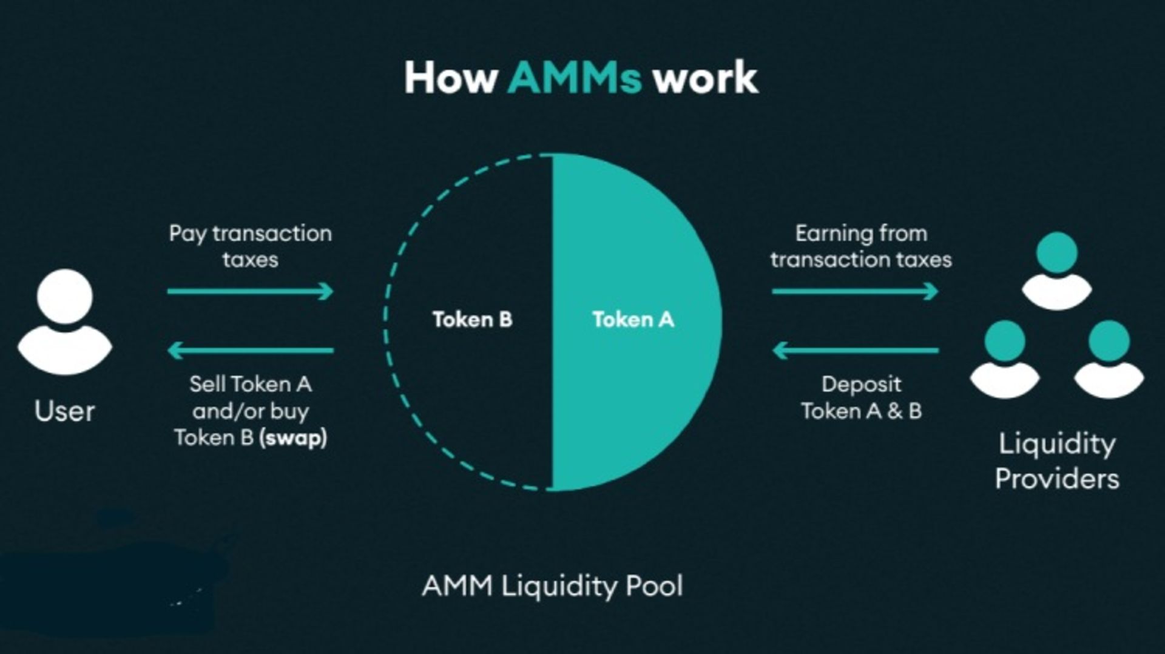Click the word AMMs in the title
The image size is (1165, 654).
pyautogui.click(x=574, y=78)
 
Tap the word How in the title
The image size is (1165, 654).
pyautogui.click(x=451, y=78)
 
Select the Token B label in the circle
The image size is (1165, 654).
pyautogui.click(x=472, y=319)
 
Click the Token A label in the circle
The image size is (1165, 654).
pyautogui.click(x=633, y=319)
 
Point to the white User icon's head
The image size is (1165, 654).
pyautogui.click(x=65, y=297)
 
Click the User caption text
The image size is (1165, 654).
pyautogui.click(x=65, y=411)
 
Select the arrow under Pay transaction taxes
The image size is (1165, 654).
pyautogui.click(x=250, y=291)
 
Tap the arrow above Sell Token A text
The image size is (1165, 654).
pyautogui.click(x=250, y=350)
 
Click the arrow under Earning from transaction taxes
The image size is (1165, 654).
pyautogui.click(x=854, y=291)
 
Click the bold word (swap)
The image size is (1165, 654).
pyautogui.click(x=293, y=437)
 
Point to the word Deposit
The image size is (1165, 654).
pyautogui.click(x=861, y=384)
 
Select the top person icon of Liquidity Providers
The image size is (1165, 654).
pyautogui.click(x=1057, y=270)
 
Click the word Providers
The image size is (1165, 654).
pyautogui.click(x=1057, y=479)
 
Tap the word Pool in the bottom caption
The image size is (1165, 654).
pyautogui.click(x=654, y=586)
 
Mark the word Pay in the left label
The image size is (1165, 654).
pyautogui.click(x=187, y=234)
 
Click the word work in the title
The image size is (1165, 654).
pyautogui.click(x=705, y=78)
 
